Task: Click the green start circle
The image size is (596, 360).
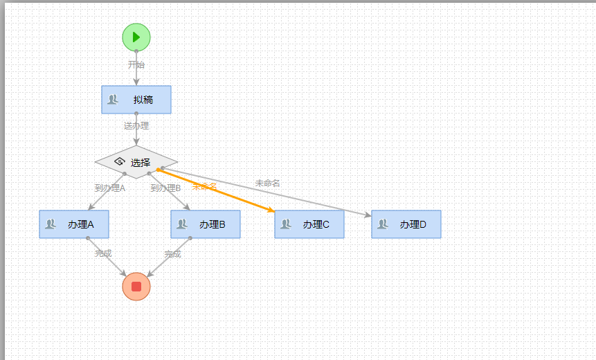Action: click(x=136, y=37)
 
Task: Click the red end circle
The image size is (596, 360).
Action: click(x=136, y=287)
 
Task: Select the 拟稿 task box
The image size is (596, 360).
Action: click(x=136, y=100)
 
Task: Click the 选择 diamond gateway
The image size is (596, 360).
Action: click(x=136, y=162)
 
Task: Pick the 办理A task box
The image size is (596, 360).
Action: click(x=74, y=224)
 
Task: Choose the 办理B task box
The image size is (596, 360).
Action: click(x=206, y=224)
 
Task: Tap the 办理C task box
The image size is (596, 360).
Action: click(x=309, y=224)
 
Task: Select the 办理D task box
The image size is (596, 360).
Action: click(x=406, y=224)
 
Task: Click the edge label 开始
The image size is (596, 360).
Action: click(x=136, y=64)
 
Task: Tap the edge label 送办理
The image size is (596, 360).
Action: click(x=136, y=126)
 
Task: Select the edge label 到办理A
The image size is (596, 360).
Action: click(x=109, y=188)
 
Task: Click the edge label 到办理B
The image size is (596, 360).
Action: click(x=165, y=188)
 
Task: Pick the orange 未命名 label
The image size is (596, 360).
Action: click(x=204, y=186)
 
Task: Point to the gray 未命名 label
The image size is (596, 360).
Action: click(x=267, y=183)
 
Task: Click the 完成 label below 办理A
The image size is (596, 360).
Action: click(x=103, y=253)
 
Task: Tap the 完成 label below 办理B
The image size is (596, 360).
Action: click(x=172, y=254)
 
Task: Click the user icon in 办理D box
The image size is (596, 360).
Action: click(x=383, y=224)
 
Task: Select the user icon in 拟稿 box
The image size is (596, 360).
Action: click(x=113, y=99)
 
